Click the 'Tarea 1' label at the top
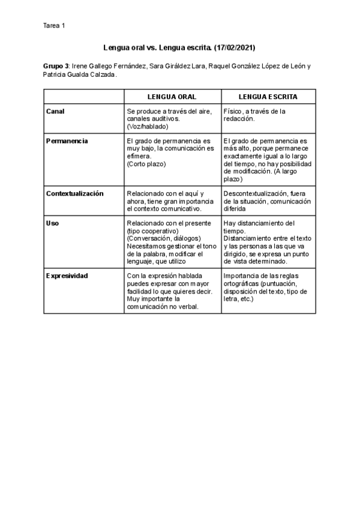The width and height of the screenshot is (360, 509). pos(55,25)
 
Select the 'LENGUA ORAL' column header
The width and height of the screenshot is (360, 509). pos(172,96)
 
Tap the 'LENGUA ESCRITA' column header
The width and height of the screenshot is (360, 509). pos(268,96)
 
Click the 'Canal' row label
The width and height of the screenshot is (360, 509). pos(55,111)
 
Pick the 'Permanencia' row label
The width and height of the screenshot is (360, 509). pos(67,140)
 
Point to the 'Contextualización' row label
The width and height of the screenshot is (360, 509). pos(75,193)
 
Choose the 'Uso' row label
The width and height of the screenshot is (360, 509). pos(52,223)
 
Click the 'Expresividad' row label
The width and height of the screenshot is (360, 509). pos(67,276)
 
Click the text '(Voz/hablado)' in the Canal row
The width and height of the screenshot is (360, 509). pos(148,126)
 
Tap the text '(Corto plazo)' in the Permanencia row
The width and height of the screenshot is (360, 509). pos(146,163)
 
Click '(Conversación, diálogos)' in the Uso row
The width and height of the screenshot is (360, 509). pos(163,238)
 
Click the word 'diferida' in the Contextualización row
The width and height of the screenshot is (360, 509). pos(234,209)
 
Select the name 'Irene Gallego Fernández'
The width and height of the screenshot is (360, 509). pos(108,65)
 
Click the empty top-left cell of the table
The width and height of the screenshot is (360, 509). pos(83,96)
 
